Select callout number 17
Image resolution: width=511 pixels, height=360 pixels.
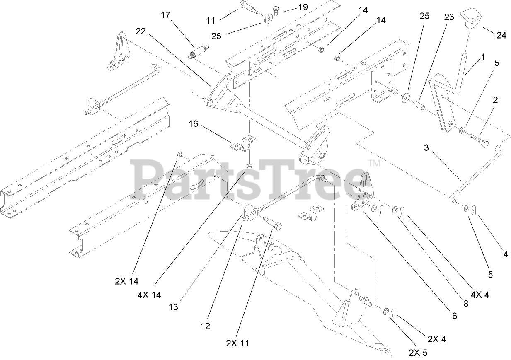pyautogui.click(x=166, y=15)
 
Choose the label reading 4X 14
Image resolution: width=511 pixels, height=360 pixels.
pyautogui.click(x=150, y=295)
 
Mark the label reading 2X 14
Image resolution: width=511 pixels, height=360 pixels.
pyautogui.click(x=126, y=281)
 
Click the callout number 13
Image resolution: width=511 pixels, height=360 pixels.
pyautogui.click(x=174, y=307)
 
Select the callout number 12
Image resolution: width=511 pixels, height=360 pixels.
pyautogui.click(x=205, y=326)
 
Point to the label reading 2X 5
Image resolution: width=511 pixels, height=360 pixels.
pyautogui.click(x=417, y=353)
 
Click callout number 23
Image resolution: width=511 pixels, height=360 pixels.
pyautogui.click(x=449, y=17)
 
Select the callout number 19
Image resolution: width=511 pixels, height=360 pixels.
pyautogui.click(x=303, y=7)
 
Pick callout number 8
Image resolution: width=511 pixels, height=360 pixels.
pyautogui.click(x=465, y=304)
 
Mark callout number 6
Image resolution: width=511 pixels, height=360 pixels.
pyautogui.click(x=455, y=316)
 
